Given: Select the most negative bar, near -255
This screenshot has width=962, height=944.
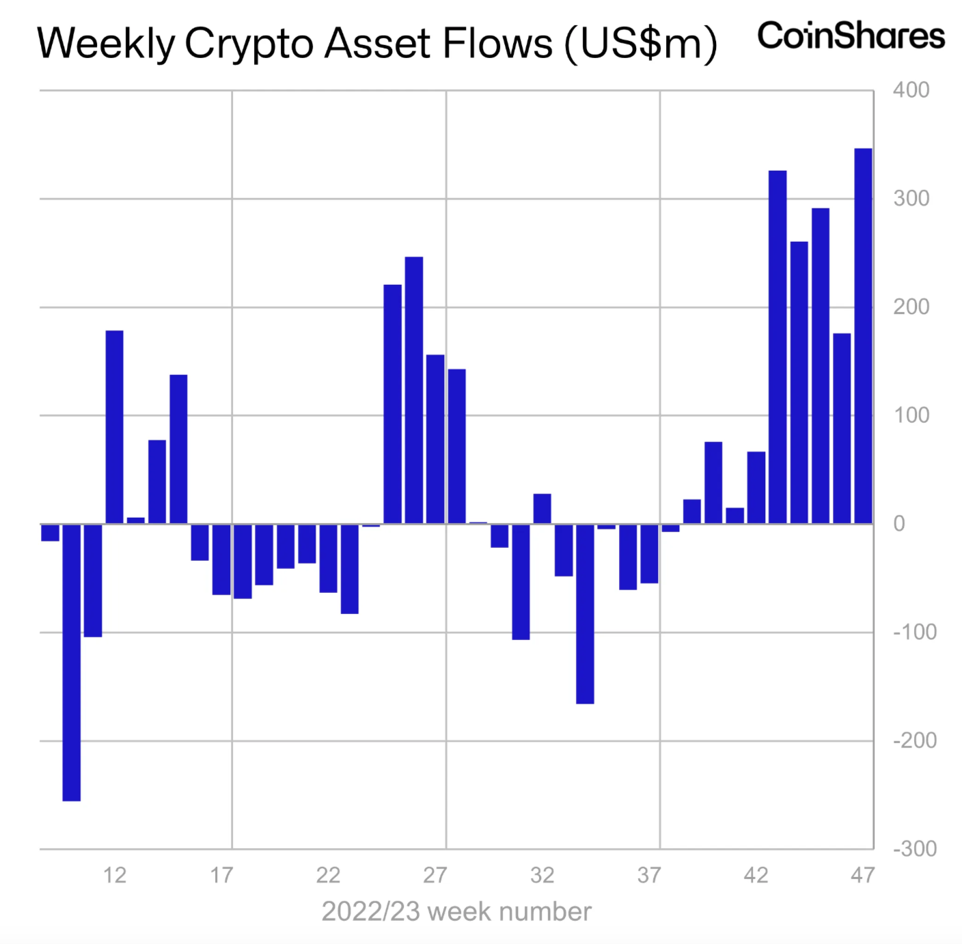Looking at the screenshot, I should pos(71,662).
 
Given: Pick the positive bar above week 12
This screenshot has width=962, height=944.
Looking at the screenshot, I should pos(114,427).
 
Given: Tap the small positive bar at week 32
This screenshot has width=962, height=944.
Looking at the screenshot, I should pos(542,509).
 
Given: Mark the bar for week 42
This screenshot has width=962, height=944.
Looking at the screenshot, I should pos(756,488).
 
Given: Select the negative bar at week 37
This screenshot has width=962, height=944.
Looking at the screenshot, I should pos(649,553).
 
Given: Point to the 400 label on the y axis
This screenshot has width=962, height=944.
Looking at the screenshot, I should pos(911,90).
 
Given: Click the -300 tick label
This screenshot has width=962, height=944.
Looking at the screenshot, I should pos(914,849).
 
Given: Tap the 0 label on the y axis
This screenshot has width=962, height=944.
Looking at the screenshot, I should pos(899,524).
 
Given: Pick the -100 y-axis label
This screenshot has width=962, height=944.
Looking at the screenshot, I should pos(914,633).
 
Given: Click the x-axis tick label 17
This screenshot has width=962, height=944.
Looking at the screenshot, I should pos(221,875).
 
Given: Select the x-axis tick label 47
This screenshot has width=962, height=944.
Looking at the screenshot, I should pos(863,875).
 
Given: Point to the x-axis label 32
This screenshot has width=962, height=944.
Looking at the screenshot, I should pos(542,875).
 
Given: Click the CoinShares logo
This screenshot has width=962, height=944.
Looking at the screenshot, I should pos(851,36).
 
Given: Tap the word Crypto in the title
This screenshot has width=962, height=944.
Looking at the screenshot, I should pos(249,44).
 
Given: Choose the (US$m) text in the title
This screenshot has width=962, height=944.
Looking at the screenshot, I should pos(640,44).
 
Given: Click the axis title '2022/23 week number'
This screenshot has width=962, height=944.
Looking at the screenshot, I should pos(456,912).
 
